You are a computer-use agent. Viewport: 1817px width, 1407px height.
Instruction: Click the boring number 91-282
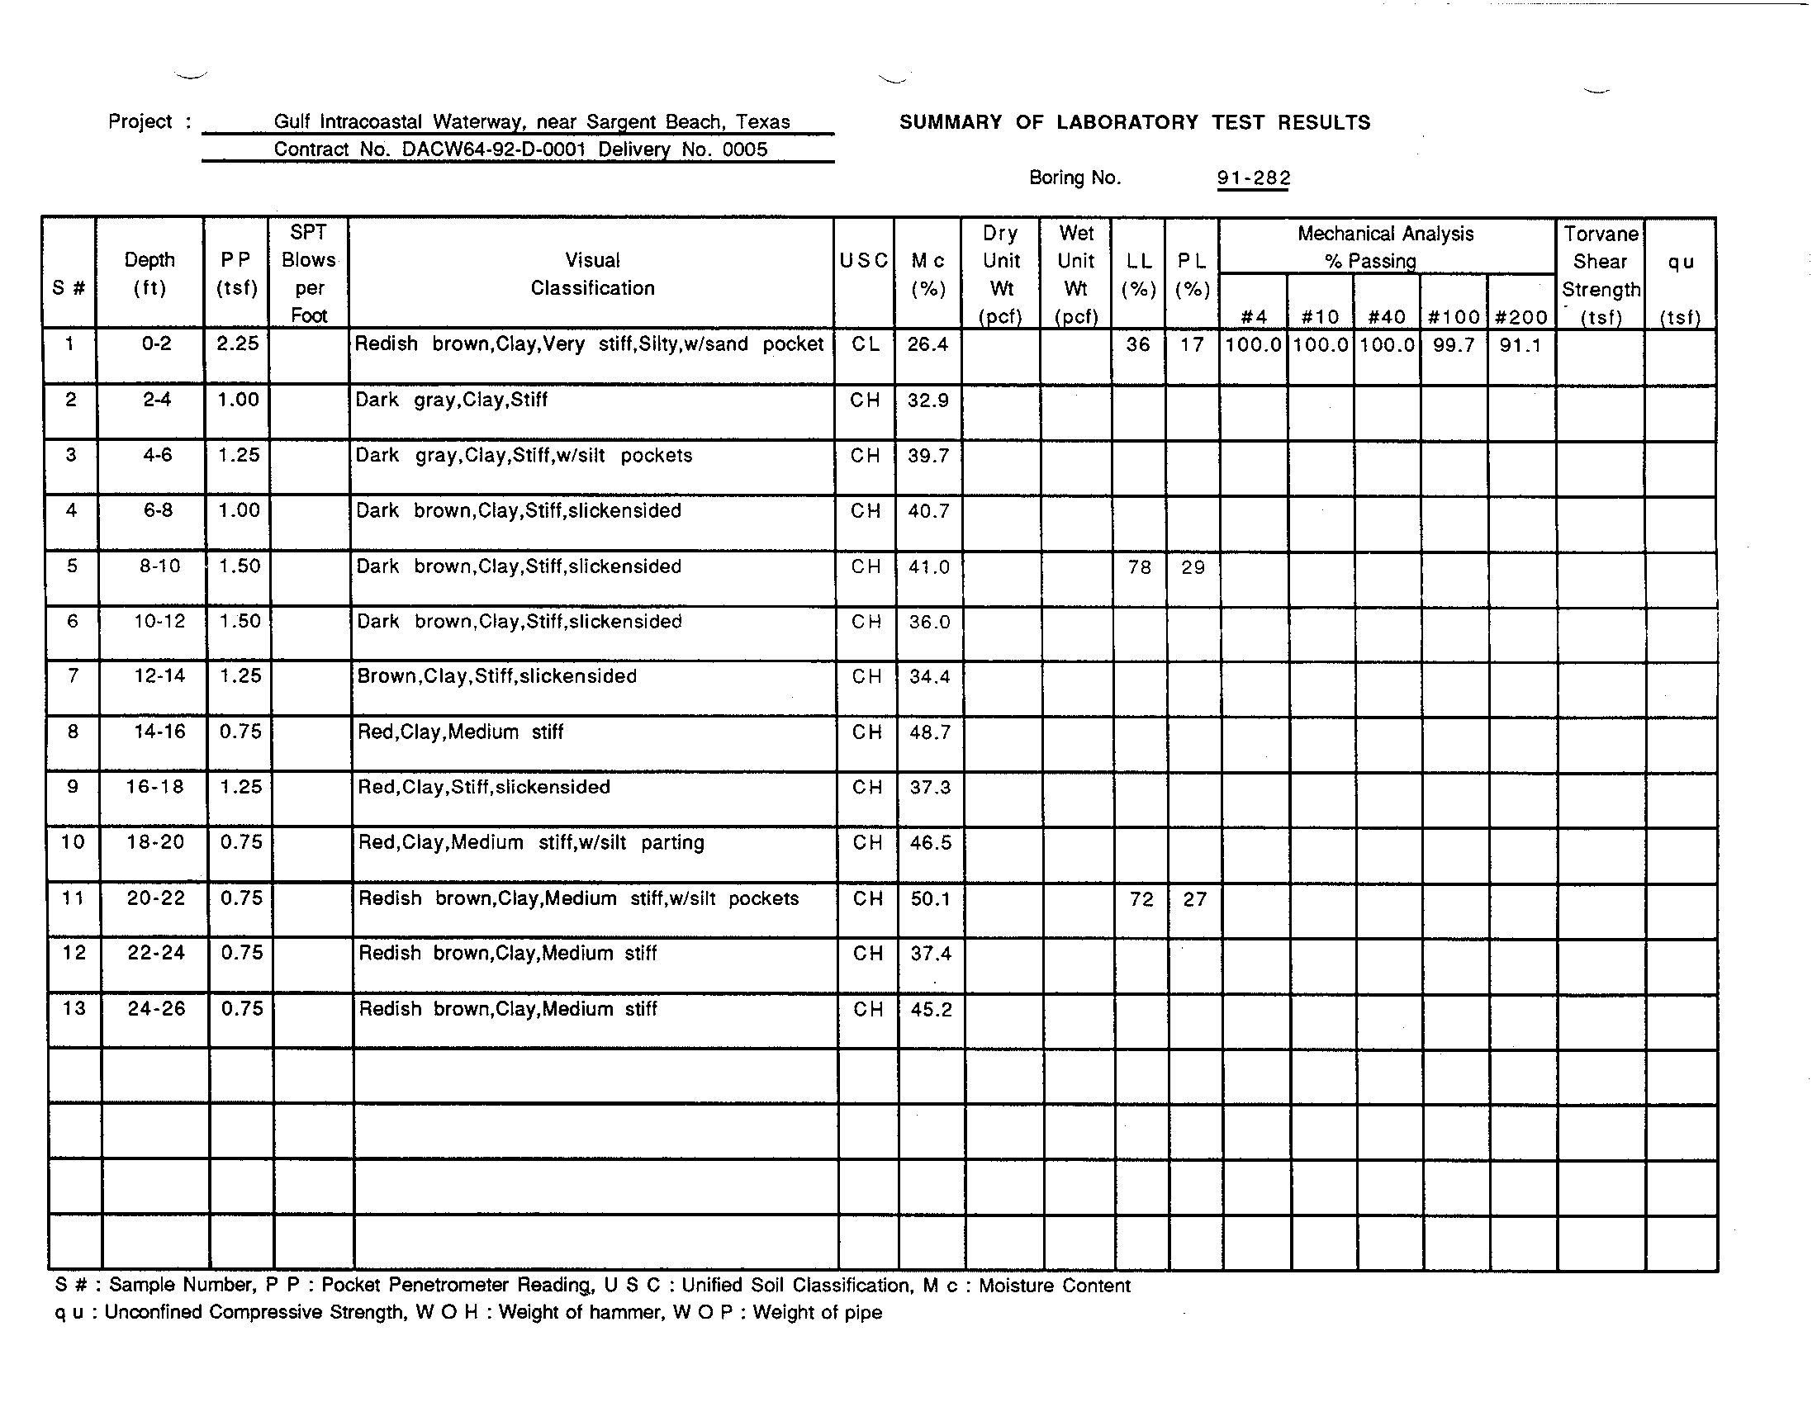click(1253, 178)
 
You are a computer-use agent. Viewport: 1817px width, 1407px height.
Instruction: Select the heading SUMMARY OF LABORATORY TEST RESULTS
click(1134, 123)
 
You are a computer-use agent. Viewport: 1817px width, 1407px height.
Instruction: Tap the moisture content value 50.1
click(929, 898)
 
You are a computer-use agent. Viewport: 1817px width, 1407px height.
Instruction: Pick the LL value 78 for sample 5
click(1139, 567)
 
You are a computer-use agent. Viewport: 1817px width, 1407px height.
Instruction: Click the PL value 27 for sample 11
click(1194, 899)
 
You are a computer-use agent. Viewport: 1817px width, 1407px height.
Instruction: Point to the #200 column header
click(1520, 317)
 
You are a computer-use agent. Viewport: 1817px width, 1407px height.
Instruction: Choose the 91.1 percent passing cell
click(1520, 345)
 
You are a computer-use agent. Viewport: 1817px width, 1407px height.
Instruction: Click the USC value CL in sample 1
click(865, 344)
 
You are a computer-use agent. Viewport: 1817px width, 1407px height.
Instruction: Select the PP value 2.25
click(237, 343)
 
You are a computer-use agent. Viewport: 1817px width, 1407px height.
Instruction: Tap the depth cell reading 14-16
click(159, 732)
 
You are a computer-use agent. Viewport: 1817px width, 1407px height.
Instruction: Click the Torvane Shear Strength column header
click(1600, 275)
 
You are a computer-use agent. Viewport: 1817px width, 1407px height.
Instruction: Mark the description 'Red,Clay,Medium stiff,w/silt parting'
click(531, 842)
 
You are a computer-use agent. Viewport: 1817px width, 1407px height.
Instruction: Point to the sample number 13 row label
click(74, 1008)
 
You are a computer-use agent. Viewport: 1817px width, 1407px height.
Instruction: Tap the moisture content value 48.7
click(929, 732)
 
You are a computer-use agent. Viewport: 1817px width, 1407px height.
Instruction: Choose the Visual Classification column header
click(592, 273)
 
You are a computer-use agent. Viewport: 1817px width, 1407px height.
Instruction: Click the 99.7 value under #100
click(1454, 345)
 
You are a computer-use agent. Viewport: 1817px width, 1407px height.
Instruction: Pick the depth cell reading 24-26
click(155, 1008)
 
